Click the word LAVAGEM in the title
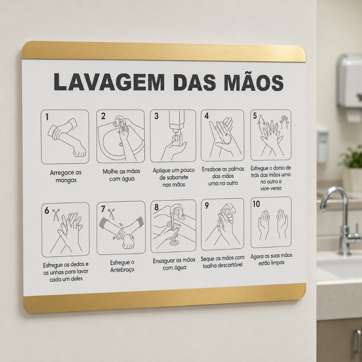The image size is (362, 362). point(109,82)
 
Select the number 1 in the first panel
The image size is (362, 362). point(47,117)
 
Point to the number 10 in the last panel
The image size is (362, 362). point(256,204)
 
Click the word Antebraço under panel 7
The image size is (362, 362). point(122,270)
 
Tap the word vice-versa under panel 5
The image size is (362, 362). point(271,188)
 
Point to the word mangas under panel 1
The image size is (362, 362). point(66,180)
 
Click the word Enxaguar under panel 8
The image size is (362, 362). point(164,261)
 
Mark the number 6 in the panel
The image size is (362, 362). point(47,210)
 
